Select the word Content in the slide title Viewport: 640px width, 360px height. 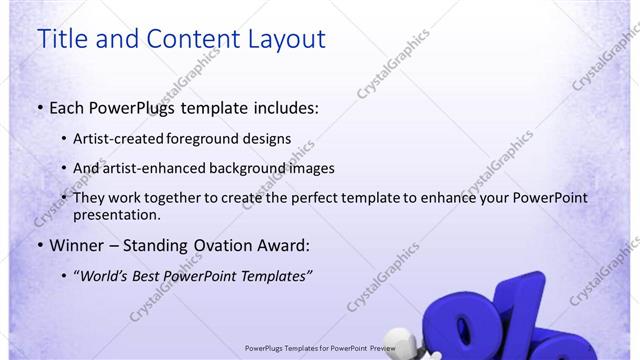(x=188, y=40)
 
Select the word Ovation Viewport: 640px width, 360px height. (x=219, y=245)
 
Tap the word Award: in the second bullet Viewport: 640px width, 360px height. (x=287, y=245)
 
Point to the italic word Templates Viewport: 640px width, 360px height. (x=274, y=275)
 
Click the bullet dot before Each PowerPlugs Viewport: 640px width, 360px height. (x=39, y=108)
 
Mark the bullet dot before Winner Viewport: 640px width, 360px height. (x=39, y=246)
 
